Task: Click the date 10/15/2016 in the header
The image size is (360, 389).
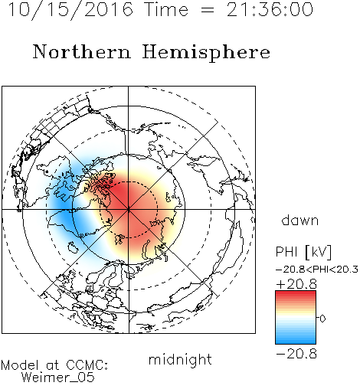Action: point(70,10)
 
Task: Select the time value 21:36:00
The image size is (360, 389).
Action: point(270,9)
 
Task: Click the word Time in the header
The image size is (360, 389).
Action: point(166,9)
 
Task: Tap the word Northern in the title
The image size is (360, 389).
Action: point(82,51)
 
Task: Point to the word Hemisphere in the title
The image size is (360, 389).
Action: point(206,53)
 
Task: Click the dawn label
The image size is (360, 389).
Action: point(300,220)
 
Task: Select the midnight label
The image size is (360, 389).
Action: point(180,359)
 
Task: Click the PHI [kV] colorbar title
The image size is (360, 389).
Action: point(303,252)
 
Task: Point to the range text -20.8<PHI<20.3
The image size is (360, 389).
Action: point(317,270)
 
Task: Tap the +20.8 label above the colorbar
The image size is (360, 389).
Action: point(296,284)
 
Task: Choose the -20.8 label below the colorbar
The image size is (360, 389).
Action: point(296,354)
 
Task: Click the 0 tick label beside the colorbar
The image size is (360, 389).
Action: point(322,319)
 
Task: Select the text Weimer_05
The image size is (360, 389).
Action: point(58,378)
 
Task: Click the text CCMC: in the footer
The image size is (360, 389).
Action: point(87,365)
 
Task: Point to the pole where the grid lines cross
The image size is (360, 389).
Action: point(129,210)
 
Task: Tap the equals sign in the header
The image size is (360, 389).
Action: point(208,10)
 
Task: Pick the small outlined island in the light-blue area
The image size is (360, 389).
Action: point(73,247)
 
